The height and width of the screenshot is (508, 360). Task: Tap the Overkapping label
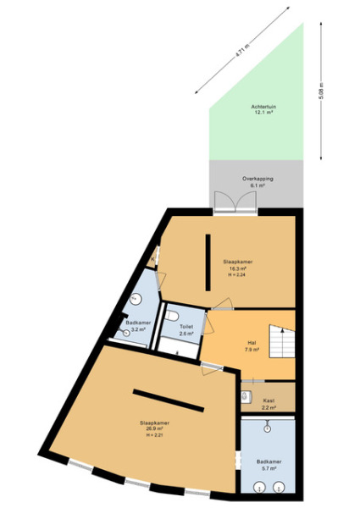[x=257, y=179]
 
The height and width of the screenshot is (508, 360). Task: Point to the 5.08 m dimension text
[x=321, y=91]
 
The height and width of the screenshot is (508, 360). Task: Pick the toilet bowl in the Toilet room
[x=172, y=316]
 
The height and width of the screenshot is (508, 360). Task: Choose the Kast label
[x=269, y=400]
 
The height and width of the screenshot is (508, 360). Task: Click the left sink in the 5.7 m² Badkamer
[x=258, y=485]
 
